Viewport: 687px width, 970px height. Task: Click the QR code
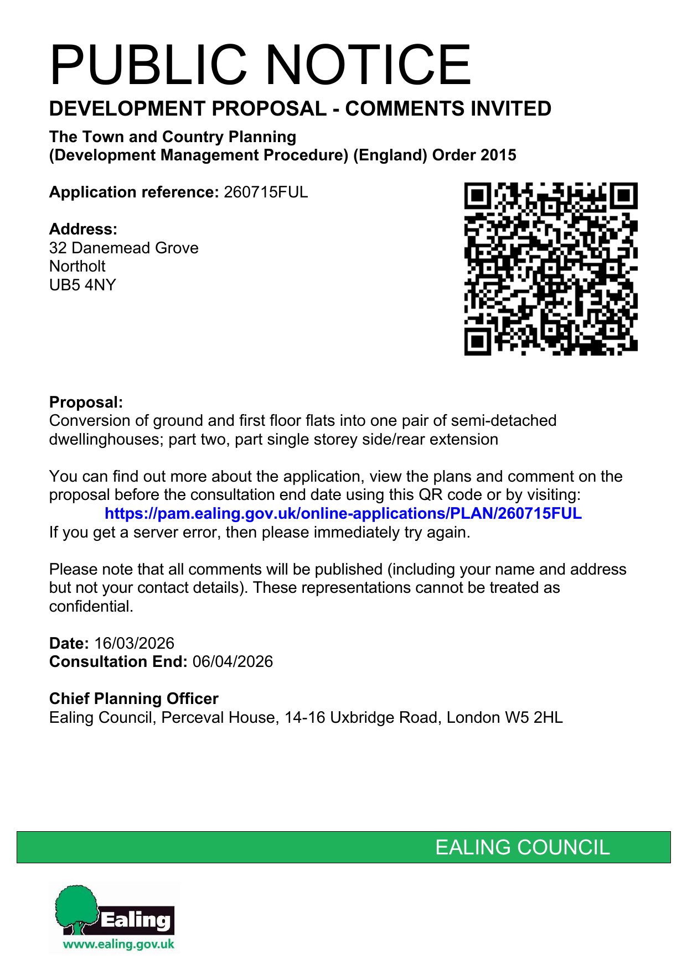[550, 269]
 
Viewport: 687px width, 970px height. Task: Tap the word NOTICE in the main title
[369, 65]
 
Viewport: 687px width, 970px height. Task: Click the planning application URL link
[343, 513]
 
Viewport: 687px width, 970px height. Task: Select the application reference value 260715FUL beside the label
[266, 192]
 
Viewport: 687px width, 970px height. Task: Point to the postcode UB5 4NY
[82, 285]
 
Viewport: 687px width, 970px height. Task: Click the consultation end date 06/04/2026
[233, 661]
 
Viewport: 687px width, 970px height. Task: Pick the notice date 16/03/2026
[134, 643]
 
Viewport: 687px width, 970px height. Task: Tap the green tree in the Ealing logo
[76, 907]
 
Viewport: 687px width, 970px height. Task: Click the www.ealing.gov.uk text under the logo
[118, 944]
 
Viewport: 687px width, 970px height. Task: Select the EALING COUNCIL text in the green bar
[522, 847]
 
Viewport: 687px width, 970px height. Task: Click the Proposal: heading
[86, 402]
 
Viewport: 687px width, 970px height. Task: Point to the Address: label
[83, 229]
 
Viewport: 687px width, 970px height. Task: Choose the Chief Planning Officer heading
[133, 698]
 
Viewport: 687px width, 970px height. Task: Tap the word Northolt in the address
[77, 266]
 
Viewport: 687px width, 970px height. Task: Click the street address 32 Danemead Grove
[123, 248]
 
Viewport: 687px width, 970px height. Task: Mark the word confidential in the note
[91, 606]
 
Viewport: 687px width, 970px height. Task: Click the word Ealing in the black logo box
[136, 920]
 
